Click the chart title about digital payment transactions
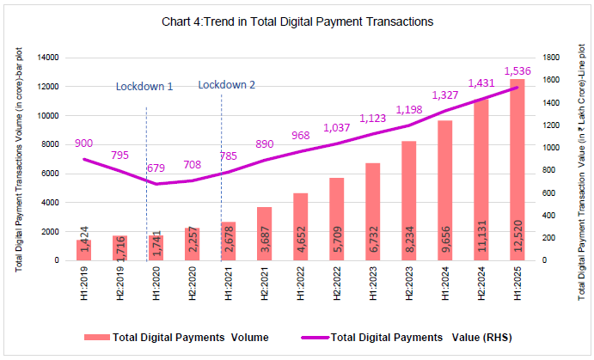(x=297, y=20)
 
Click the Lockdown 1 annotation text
(x=144, y=86)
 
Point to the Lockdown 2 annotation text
(x=227, y=84)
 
